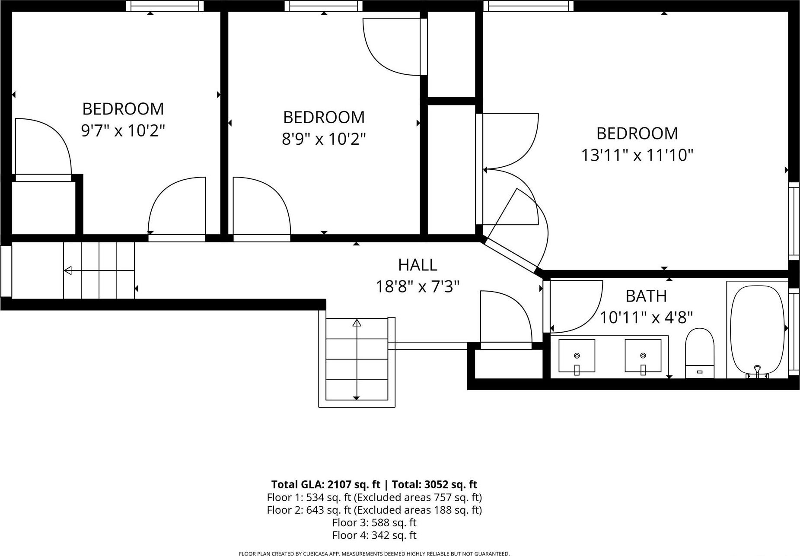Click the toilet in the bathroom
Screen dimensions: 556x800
pyautogui.click(x=699, y=353)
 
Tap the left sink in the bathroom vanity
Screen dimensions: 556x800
pyautogui.click(x=577, y=356)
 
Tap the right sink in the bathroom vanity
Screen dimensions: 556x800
pyautogui.click(x=643, y=356)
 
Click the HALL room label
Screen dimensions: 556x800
pyautogui.click(x=417, y=265)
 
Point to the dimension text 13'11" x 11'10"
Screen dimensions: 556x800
pyautogui.click(x=637, y=155)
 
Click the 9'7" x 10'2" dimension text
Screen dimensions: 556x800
pyautogui.click(x=123, y=130)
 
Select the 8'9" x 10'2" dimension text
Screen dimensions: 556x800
pyautogui.click(x=324, y=139)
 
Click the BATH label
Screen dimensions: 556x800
pyautogui.click(x=646, y=296)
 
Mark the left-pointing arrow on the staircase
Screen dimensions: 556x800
pyautogui.click(x=68, y=271)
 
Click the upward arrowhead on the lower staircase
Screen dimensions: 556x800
pyautogui.click(x=357, y=323)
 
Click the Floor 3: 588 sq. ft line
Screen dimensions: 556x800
pyautogui.click(x=374, y=523)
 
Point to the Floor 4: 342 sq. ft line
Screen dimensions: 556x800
pyautogui.click(x=374, y=536)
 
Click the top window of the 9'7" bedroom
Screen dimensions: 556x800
pyautogui.click(x=165, y=6)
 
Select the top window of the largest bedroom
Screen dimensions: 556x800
pyautogui.click(x=528, y=6)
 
